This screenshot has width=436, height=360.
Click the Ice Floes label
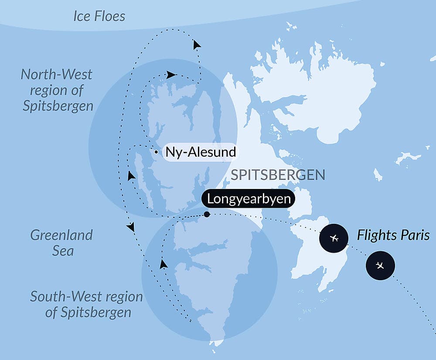tap(99, 17)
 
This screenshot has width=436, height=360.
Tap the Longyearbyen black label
tap(249, 199)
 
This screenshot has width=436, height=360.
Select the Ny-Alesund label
tap(201, 152)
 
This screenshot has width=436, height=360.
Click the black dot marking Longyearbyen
tap(207, 214)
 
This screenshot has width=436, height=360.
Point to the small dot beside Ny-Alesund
tap(156, 152)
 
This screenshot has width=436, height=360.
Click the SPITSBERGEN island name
tap(278, 175)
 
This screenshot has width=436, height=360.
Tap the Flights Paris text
tap(393, 236)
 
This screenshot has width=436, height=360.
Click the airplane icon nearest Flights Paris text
tap(334, 238)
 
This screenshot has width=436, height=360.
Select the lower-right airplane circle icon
tap(380, 265)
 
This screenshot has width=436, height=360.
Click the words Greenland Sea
tap(61, 243)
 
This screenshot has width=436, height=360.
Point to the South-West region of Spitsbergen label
tap(86, 304)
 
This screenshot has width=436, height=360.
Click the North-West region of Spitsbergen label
tap(57, 90)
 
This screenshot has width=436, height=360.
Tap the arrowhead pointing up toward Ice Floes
tap(197, 45)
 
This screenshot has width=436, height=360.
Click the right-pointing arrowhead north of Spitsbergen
tap(171, 75)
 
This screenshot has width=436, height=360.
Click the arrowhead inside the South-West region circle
tap(163, 263)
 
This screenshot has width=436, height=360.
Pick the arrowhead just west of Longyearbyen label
tap(130, 176)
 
